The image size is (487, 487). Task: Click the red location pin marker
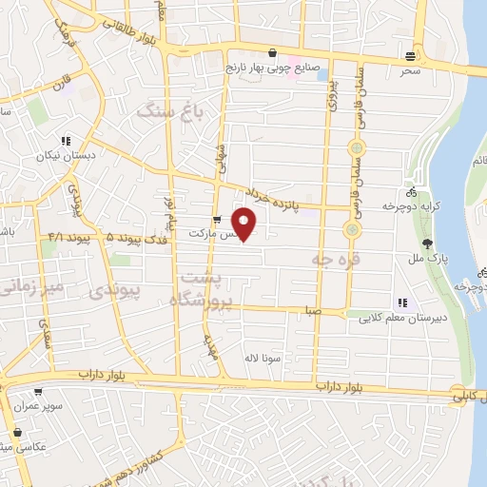(244, 223)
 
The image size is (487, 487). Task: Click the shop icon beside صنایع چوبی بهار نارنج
(274, 52)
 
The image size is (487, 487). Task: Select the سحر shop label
(410, 70)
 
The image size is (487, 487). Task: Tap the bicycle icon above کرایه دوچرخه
(410, 190)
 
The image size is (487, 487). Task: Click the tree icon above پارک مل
(429, 243)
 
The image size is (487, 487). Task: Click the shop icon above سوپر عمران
(38, 391)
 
